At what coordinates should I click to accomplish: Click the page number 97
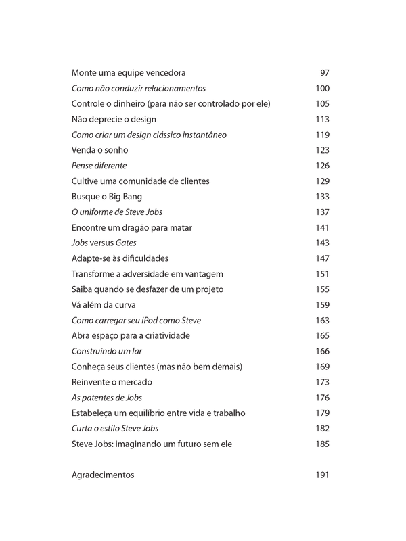point(324,73)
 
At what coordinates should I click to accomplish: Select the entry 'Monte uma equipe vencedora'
point(129,73)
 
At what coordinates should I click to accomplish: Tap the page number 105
point(322,103)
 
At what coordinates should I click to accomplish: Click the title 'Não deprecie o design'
point(114,119)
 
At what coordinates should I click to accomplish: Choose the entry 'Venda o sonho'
point(99,150)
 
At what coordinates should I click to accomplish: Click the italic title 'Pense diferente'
point(99,166)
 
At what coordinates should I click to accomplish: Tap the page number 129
point(322,181)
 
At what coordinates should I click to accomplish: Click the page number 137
point(322,212)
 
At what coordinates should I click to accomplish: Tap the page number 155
point(322,289)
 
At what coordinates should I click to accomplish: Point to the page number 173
point(322,382)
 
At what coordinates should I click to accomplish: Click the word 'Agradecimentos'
point(103,475)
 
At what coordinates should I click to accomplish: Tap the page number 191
point(322,475)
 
